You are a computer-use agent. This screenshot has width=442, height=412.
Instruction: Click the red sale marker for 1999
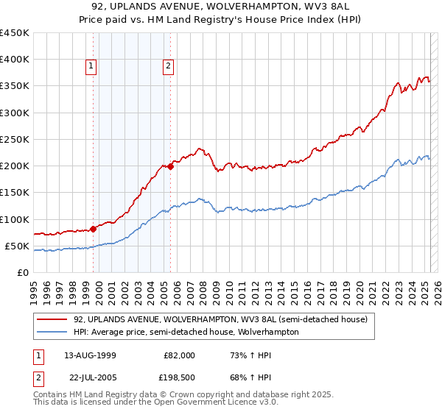[94, 228]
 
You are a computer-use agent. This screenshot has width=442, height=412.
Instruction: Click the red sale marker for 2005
[170, 166]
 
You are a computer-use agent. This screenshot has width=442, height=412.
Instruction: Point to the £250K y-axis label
[15, 139]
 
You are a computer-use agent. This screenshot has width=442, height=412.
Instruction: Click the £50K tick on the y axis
[18, 246]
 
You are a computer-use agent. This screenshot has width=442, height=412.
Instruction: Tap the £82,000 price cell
[179, 355]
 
